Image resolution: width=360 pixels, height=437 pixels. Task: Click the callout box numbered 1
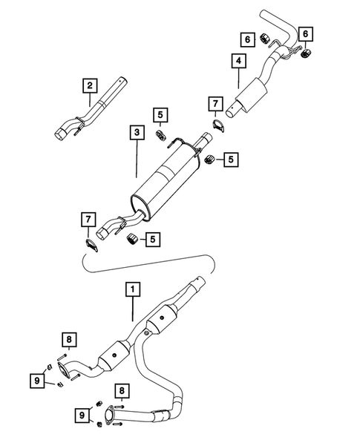point(132,291)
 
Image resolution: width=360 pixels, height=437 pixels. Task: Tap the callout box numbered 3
point(136,134)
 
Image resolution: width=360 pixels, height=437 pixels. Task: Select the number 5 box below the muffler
point(153,239)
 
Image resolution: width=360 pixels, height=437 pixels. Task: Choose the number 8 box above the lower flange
point(120,391)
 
